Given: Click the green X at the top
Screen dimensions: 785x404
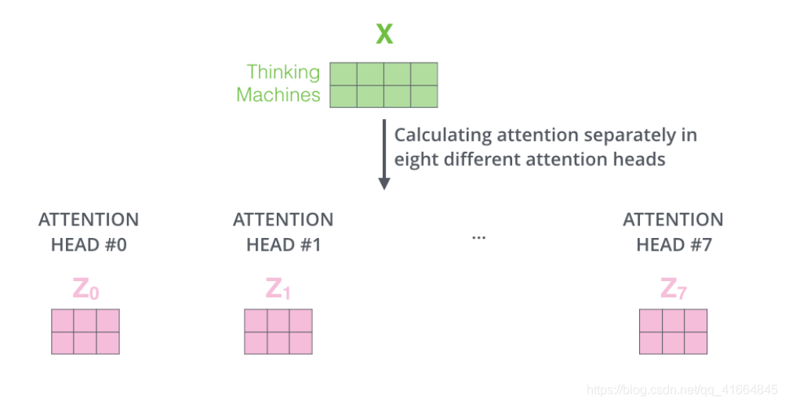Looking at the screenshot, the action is (383, 34).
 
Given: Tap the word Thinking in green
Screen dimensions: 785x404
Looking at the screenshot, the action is (283, 72).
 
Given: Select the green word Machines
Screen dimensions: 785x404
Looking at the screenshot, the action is (278, 96).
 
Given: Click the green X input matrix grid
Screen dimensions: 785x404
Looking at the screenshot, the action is (383, 85).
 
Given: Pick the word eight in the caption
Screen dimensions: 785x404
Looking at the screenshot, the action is (415, 159).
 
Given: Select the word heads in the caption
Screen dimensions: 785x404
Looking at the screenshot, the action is (640, 159).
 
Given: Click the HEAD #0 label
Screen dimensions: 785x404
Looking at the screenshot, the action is (89, 245).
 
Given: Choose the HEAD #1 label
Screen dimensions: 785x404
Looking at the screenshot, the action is (283, 245).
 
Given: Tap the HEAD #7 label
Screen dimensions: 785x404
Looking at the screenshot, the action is (674, 245).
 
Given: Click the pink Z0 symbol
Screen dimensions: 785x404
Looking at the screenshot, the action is (85, 290).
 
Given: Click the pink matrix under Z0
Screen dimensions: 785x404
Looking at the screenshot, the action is (85, 331).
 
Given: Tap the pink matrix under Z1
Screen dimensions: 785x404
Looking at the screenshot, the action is (278, 331).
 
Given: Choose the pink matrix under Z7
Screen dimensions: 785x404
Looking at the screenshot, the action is (674, 331).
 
